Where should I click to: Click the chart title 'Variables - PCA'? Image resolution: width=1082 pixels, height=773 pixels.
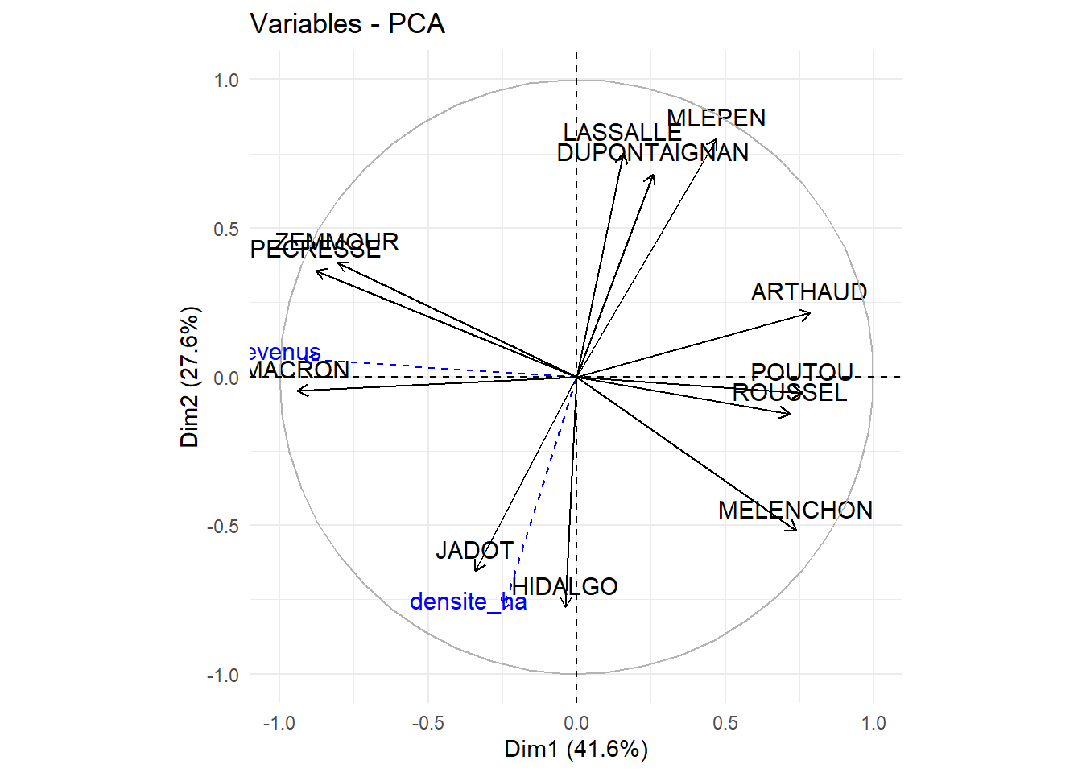(347, 24)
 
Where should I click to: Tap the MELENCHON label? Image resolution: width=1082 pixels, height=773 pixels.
(795, 511)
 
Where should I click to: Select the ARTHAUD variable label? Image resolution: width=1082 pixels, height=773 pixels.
(808, 292)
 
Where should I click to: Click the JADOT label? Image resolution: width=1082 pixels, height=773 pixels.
(474, 551)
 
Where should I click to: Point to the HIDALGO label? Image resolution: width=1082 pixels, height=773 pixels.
(564, 587)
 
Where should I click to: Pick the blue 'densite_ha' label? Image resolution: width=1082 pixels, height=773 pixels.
(468, 602)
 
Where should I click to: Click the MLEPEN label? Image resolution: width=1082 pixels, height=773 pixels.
(716, 118)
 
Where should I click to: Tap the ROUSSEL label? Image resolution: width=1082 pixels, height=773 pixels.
(789, 393)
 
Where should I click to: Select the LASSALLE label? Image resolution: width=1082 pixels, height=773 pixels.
(622, 133)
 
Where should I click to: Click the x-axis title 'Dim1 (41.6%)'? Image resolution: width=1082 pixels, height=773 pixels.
(576, 750)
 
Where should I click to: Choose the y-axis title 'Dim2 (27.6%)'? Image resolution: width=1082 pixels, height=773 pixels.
(189, 377)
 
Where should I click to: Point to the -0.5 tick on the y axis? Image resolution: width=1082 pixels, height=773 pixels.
(222, 527)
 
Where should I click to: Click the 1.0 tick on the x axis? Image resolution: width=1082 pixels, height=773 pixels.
(873, 723)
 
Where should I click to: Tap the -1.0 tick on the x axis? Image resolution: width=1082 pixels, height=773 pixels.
(279, 723)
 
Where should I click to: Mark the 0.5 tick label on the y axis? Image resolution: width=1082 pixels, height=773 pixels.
(226, 229)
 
